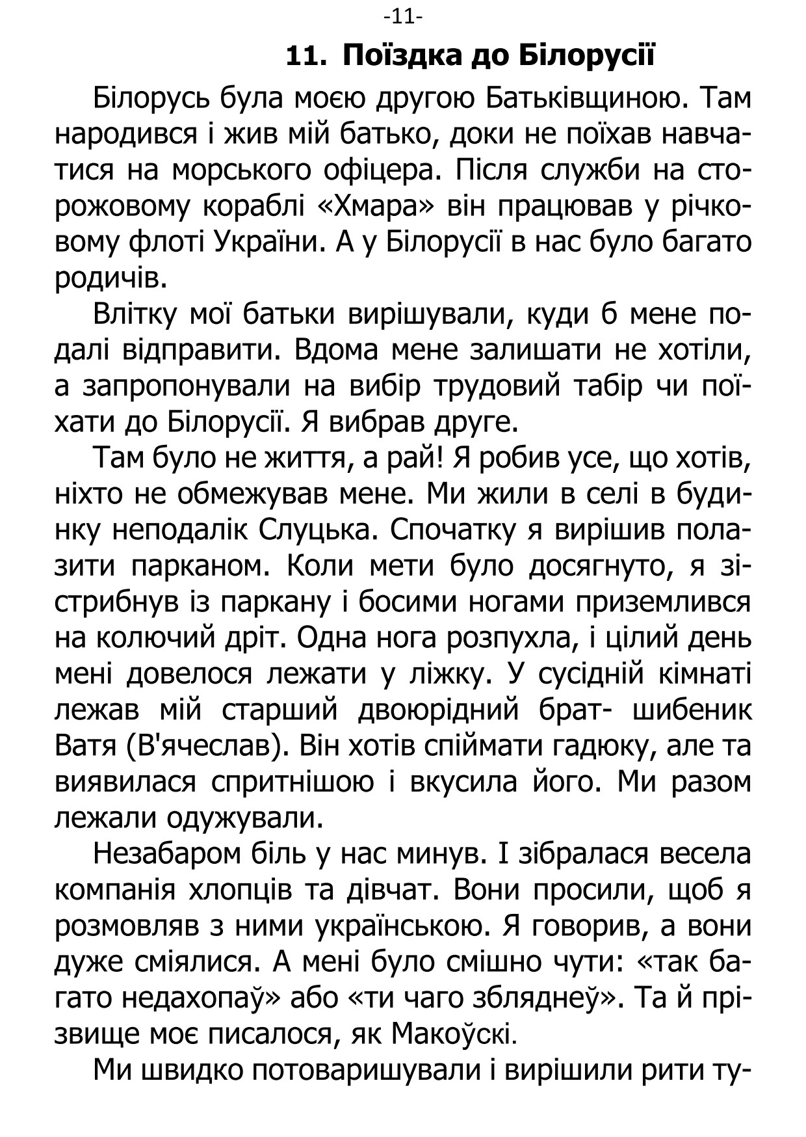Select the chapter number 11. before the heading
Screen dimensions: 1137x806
(x=305, y=57)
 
